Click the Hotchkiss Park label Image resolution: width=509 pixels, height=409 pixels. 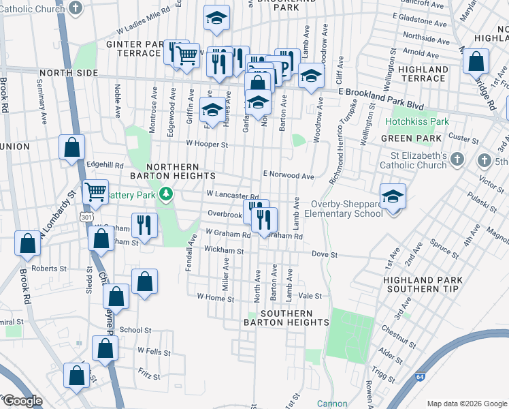(x=417, y=122)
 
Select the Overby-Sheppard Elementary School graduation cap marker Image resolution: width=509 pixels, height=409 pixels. (x=393, y=196)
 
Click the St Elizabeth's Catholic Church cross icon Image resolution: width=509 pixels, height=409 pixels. (x=457, y=160)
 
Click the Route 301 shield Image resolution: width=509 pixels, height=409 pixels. (x=86, y=216)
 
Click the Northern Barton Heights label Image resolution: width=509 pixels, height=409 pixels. (x=171, y=172)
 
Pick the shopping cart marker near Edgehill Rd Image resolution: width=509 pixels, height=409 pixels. (x=95, y=192)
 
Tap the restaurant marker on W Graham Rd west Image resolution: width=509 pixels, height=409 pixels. (x=144, y=224)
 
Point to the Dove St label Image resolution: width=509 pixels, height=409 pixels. (x=325, y=254)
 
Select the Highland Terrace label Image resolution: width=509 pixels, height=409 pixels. (x=423, y=74)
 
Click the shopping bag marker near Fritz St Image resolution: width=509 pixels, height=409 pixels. (x=77, y=374)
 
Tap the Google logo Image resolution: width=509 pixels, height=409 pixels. (x=22, y=401)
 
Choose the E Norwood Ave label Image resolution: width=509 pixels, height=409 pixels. (x=289, y=175)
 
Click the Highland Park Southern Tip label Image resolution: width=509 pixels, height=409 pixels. (x=423, y=285)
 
